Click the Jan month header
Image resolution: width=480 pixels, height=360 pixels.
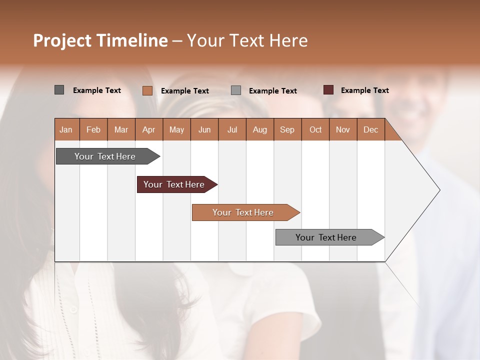[x=66, y=129]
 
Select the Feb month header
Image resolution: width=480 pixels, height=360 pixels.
[x=93, y=129]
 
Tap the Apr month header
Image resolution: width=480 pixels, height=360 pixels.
[x=148, y=129]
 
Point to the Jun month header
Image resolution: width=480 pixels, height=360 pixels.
[x=204, y=129]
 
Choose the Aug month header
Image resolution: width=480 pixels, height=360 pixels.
[x=259, y=129]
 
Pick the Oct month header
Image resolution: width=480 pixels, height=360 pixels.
[x=315, y=129]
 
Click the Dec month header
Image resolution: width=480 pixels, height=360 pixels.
[x=370, y=129]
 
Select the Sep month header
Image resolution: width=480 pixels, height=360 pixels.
[x=287, y=129]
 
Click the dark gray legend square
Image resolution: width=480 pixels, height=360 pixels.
[x=59, y=90]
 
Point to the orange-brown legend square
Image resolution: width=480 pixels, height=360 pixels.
[x=147, y=90]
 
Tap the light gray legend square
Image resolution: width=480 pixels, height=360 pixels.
[x=236, y=90]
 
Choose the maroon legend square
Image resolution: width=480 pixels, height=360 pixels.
[x=328, y=90]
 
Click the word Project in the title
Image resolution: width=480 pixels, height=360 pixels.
[x=62, y=40]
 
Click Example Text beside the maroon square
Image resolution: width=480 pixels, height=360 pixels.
[x=364, y=90]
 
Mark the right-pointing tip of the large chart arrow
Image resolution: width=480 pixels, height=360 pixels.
[x=439, y=190]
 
